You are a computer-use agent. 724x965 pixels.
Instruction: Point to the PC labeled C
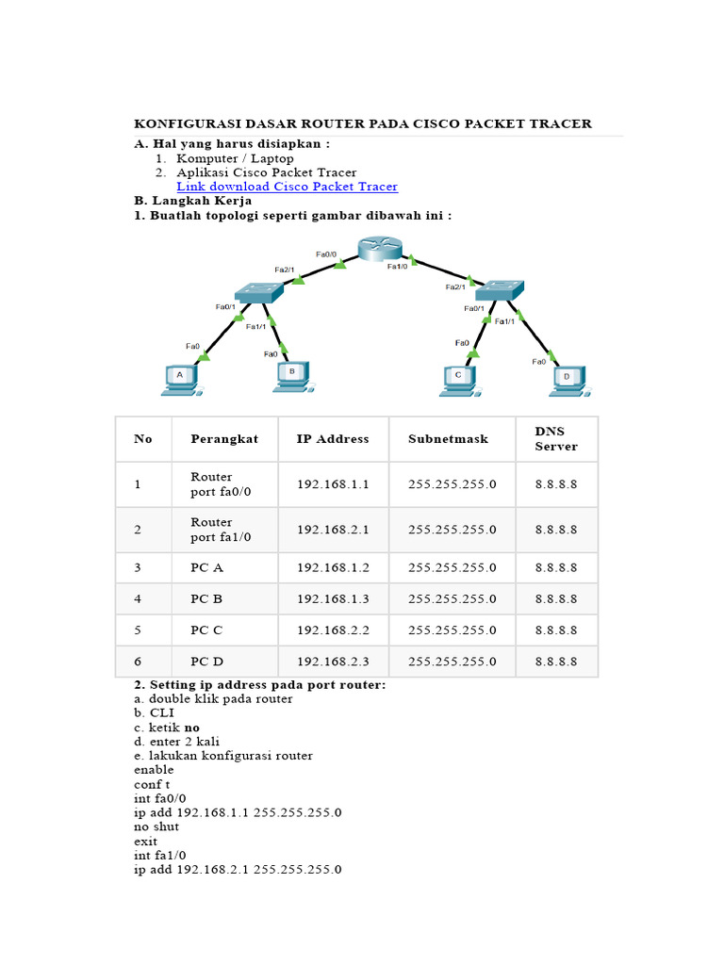pos(458,378)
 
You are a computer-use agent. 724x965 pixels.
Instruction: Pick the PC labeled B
pos(292,375)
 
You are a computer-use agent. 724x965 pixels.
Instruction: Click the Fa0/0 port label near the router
pos(326,254)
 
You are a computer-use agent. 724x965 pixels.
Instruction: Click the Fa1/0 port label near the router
pos(398,267)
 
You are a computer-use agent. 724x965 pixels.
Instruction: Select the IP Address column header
pos(333,439)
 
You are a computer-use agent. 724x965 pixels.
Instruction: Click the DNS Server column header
pos(555,438)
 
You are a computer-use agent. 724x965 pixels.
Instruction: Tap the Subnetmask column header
pos(449,439)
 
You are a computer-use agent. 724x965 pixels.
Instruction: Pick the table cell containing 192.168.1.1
pos(332,484)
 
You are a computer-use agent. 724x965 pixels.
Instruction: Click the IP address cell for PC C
pos(332,630)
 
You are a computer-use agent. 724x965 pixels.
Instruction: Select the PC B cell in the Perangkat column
pos(206,598)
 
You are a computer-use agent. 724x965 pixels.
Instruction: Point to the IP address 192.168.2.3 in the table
pos(332,662)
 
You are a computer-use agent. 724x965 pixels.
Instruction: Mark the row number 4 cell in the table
pos(138,598)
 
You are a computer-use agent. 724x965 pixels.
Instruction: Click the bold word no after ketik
pos(191,728)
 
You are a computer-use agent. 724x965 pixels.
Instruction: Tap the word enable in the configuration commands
pos(155,770)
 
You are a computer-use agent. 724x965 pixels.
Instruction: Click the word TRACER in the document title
pos(561,123)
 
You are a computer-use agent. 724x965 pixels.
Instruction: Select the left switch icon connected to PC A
pos(257,292)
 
